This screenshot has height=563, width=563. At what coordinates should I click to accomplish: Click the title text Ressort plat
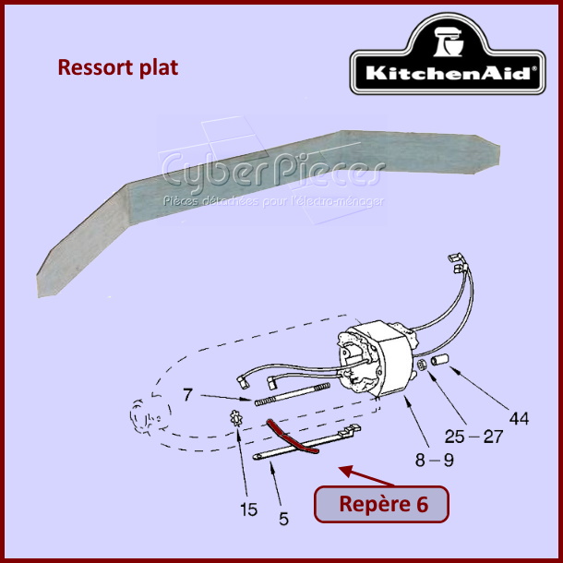[117, 67]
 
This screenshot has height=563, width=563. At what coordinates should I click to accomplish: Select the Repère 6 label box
[382, 504]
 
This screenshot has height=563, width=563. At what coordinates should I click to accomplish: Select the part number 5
[284, 519]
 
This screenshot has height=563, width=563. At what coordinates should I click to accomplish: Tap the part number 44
[520, 419]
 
